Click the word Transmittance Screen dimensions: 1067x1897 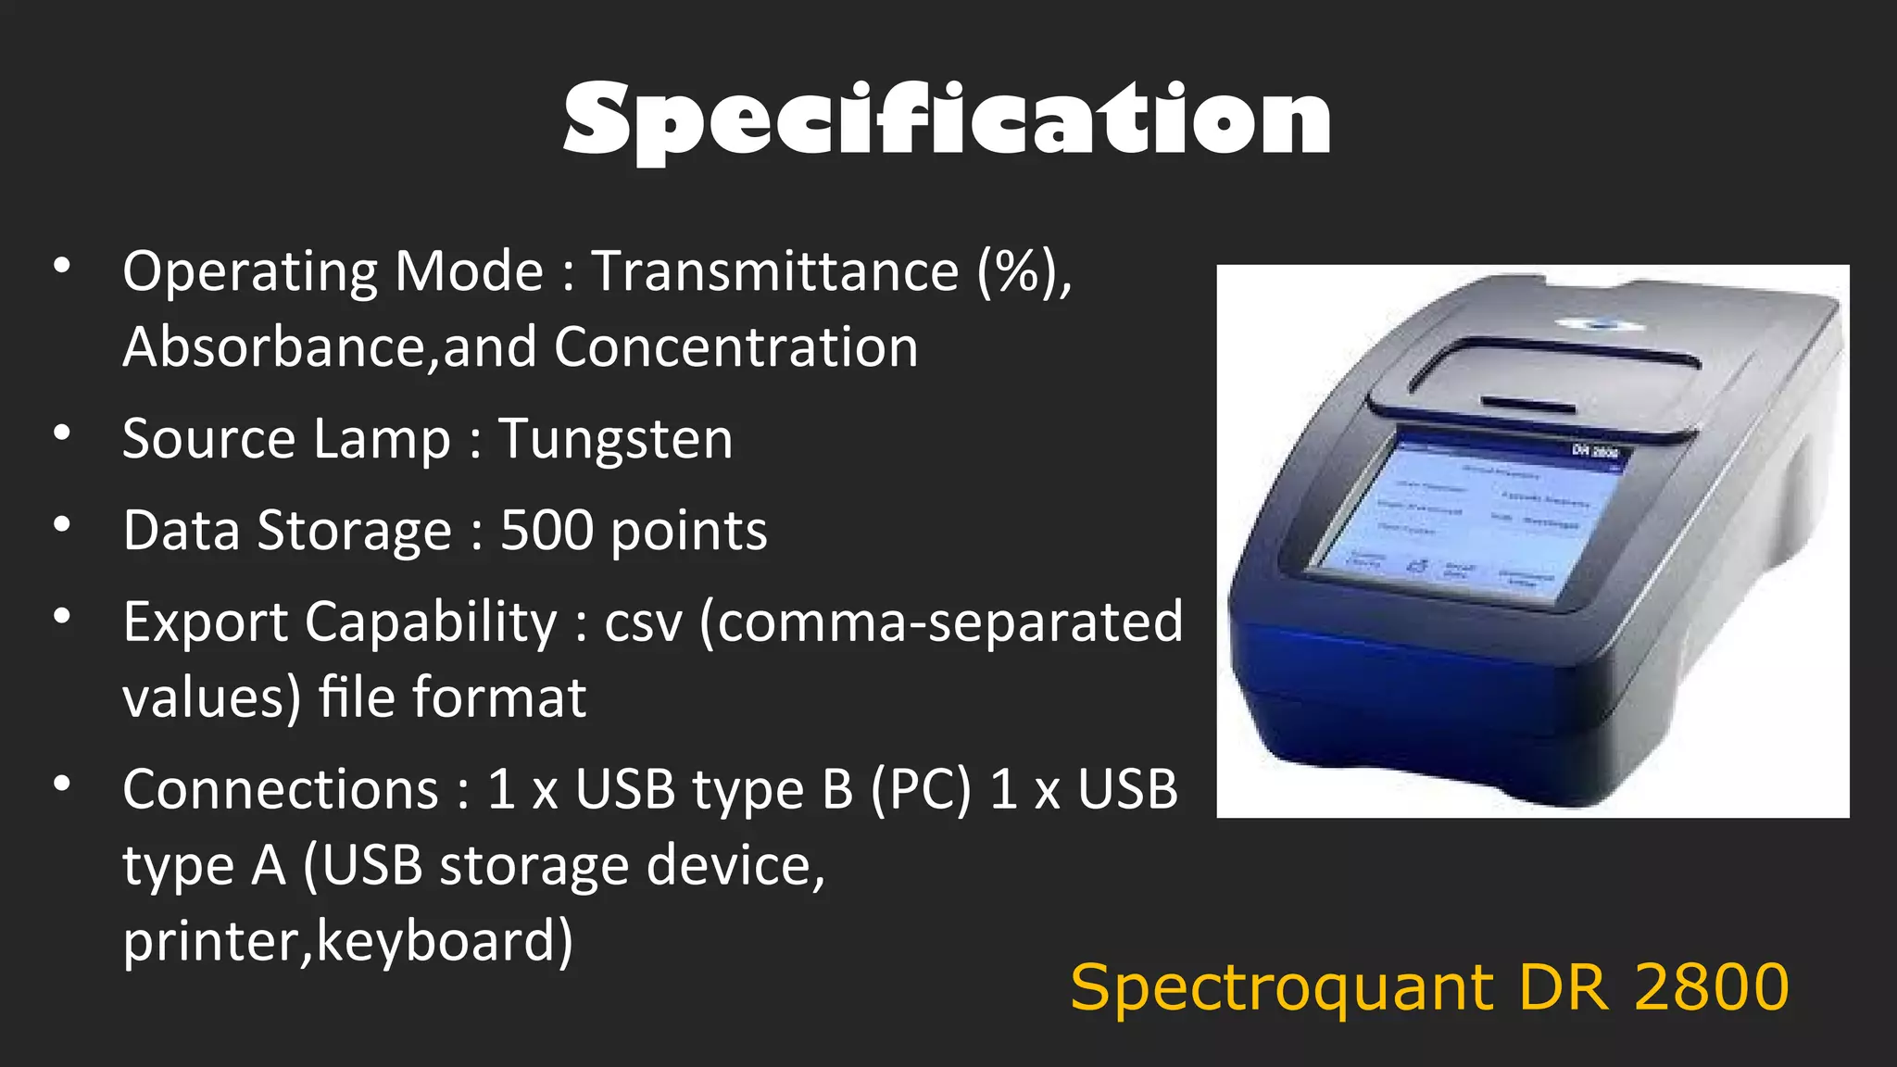pos(775,271)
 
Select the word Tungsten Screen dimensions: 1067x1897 pos(616,439)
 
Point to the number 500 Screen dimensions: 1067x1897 pos(546,531)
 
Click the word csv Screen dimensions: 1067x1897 pos(643,622)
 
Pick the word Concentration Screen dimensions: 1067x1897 pos(736,347)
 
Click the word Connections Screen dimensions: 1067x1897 pos(281,790)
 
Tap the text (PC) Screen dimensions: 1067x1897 pos(921,790)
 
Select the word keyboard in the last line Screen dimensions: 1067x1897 pos(445,942)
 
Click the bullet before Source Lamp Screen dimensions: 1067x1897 pos(62,433)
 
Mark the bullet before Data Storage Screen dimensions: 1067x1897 pos(62,524)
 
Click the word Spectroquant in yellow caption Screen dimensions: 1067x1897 pos(1282,989)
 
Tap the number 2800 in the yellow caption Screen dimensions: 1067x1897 pos(1712,987)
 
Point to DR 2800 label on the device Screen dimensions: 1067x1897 pos(1595,451)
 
